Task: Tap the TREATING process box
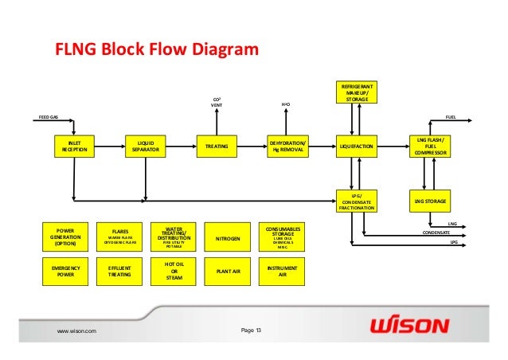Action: click(x=217, y=147)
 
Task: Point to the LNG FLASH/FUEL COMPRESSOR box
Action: click(x=430, y=147)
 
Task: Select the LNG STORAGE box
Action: click(x=430, y=202)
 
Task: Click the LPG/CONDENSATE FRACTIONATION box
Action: click(x=355, y=202)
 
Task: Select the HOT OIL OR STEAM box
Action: click(x=174, y=270)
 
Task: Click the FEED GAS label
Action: click(x=49, y=117)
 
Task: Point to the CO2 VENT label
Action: click(x=217, y=101)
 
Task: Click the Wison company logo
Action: click(x=409, y=327)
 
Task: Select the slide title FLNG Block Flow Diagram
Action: click(x=156, y=53)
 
